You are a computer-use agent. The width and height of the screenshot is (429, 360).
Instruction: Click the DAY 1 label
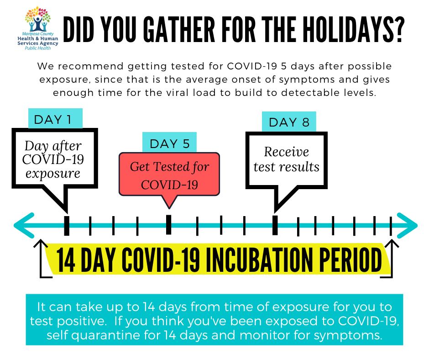(x=55, y=118)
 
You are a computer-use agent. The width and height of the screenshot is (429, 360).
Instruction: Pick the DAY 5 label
(x=169, y=142)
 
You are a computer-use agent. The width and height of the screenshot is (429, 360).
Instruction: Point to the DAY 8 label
(x=289, y=122)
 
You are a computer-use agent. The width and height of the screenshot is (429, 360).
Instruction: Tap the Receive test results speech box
(x=286, y=164)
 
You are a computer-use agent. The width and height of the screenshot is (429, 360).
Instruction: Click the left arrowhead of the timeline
(x=24, y=226)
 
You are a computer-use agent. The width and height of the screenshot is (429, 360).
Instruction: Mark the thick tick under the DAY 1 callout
(x=67, y=226)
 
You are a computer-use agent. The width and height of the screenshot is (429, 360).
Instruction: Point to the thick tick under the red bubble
(x=169, y=225)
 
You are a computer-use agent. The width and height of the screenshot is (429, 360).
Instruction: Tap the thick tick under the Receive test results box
(x=275, y=225)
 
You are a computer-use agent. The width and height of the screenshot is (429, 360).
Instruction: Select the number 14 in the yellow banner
(x=66, y=259)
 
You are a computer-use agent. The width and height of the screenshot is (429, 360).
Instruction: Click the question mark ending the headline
(x=398, y=29)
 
